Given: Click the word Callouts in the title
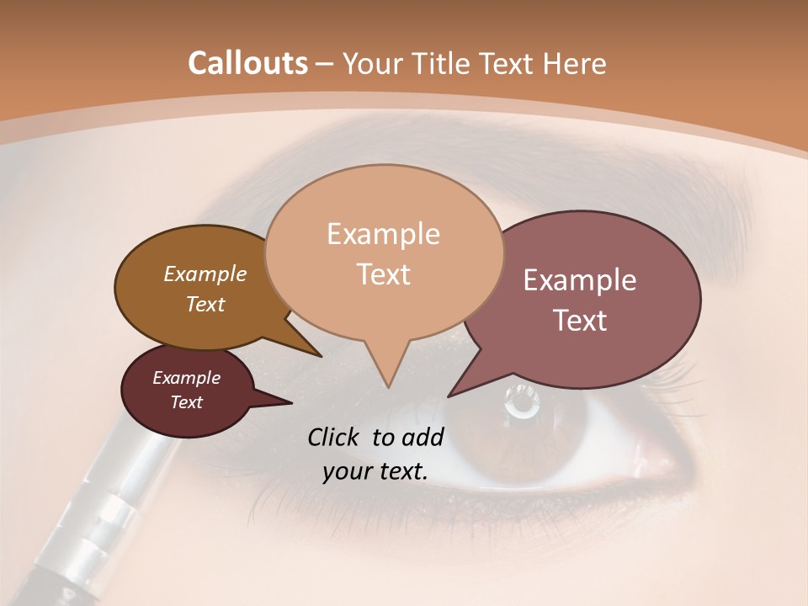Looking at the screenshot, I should pos(247,63).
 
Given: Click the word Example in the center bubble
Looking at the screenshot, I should pos(383,234).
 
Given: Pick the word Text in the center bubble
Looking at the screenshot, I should pos(383,274).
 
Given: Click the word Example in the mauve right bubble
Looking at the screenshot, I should pos(580,280).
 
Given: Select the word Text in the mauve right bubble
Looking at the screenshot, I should pos(580,321).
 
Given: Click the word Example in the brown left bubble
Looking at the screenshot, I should pos(205,274).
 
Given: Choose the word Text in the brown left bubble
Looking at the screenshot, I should pos(205,304).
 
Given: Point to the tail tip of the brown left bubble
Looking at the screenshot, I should pos(321,355).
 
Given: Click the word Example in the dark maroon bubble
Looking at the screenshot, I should pos(187,378).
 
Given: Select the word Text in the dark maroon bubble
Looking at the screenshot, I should pos(187,402).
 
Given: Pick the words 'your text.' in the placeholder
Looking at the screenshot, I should pos(375,471).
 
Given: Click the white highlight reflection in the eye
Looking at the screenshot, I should pos(522,401).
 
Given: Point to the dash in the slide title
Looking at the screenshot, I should pos(325,64).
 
